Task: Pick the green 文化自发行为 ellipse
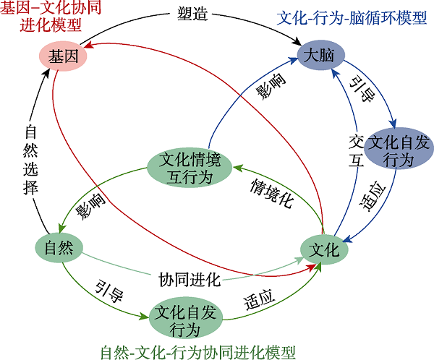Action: [184, 320]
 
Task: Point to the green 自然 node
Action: [59, 247]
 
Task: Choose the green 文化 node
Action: [323, 249]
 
